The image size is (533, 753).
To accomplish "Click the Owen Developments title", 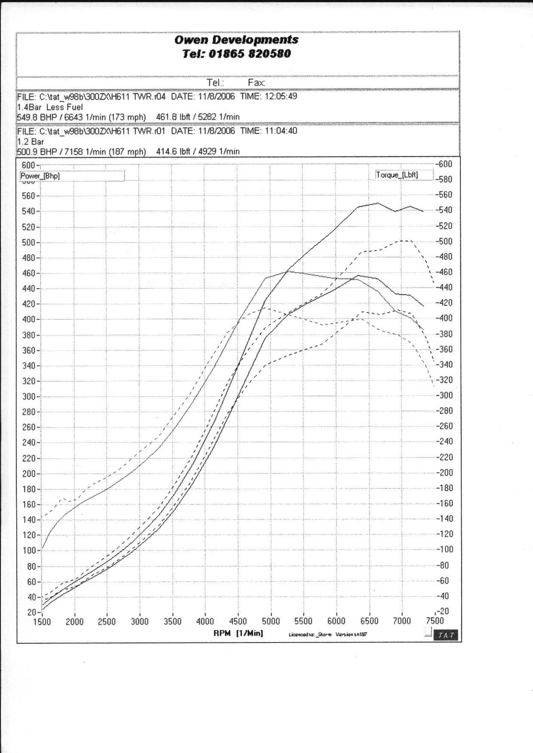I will pyautogui.click(x=236, y=40).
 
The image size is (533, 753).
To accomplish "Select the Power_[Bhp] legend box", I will pyautogui.click(x=72, y=175).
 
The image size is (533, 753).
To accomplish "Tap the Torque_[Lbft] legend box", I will pyautogui.click(x=403, y=175).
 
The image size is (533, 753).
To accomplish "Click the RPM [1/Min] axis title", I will pyautogui.click(x=238, y=633).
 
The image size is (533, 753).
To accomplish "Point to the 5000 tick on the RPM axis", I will pyautogui.click(x=271, y=621).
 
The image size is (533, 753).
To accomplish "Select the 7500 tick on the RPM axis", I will pyautogui.click(x=435, y=621).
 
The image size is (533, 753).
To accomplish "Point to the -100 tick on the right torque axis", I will pyautogui.click(x=445, y=549).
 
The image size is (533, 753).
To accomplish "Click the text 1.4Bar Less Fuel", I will pyautogui.click(x=50, y=107).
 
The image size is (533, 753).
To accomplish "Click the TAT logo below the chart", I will pyautogui.click(x=446, y=635).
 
